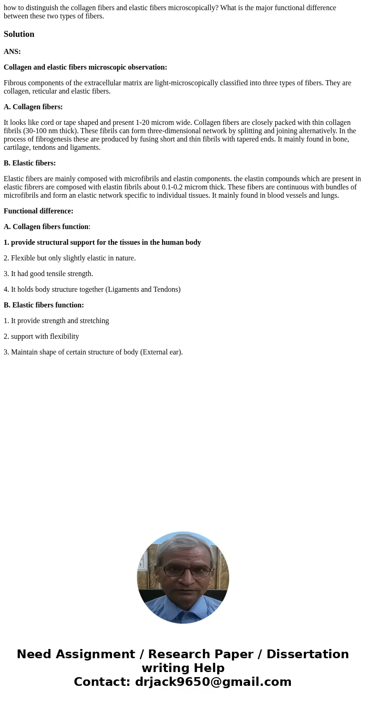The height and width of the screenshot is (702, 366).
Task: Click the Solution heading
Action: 19,34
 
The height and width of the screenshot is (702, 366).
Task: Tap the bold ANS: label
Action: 12,52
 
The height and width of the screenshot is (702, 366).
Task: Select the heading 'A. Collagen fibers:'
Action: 33,107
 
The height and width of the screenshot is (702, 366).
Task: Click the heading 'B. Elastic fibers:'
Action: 30,163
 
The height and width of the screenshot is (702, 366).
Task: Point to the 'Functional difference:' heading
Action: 38,211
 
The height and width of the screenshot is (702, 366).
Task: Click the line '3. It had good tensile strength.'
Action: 48,274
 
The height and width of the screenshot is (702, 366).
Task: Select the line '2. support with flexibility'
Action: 41,336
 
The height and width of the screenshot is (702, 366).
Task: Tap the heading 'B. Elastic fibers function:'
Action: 44,305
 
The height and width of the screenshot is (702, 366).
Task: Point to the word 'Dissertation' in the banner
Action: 307,654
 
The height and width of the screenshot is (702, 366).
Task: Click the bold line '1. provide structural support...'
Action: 102,242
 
